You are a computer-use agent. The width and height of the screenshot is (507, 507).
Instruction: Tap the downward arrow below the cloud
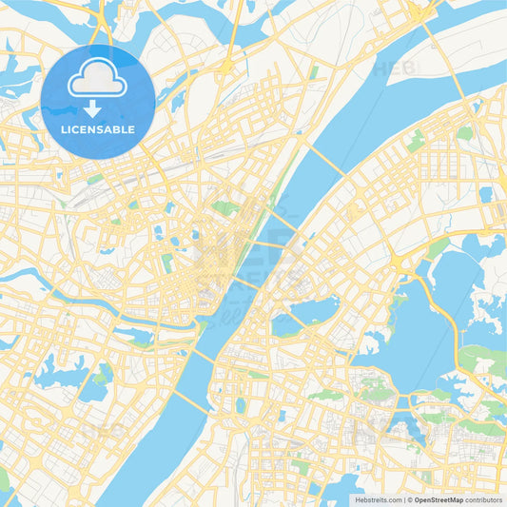coord(98,108)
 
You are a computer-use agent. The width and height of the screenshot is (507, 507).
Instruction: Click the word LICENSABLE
coord(98,129)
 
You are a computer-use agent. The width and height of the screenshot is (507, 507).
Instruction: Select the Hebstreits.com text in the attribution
coord(377,499)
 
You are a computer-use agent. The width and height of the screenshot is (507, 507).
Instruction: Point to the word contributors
coord(484,499)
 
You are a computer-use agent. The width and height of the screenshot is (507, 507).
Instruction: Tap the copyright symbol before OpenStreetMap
coord(410,499)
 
